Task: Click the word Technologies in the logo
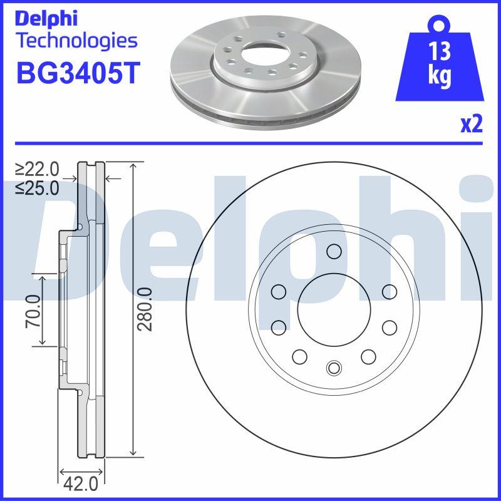click(76, 41)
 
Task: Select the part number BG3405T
click(76, 73)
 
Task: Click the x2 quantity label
click(472, 125)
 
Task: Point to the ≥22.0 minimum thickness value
click(38, 170)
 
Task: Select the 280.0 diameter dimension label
click(145, 310)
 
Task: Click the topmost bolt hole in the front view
click(334, 252)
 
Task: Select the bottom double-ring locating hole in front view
click(334, 368)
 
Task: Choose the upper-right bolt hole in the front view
click(389, 291)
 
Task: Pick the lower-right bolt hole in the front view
click(368, 356)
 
